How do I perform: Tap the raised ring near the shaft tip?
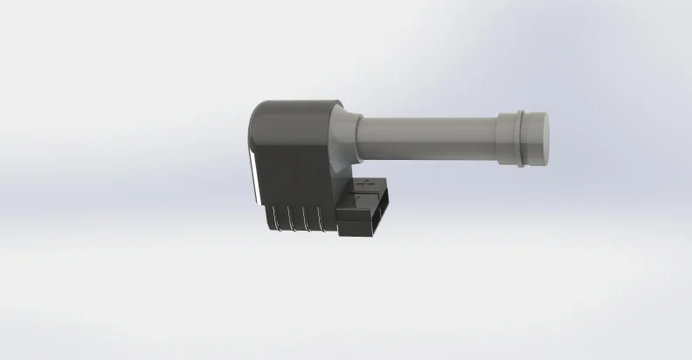point(522,137)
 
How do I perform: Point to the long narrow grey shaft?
point(428,139)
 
